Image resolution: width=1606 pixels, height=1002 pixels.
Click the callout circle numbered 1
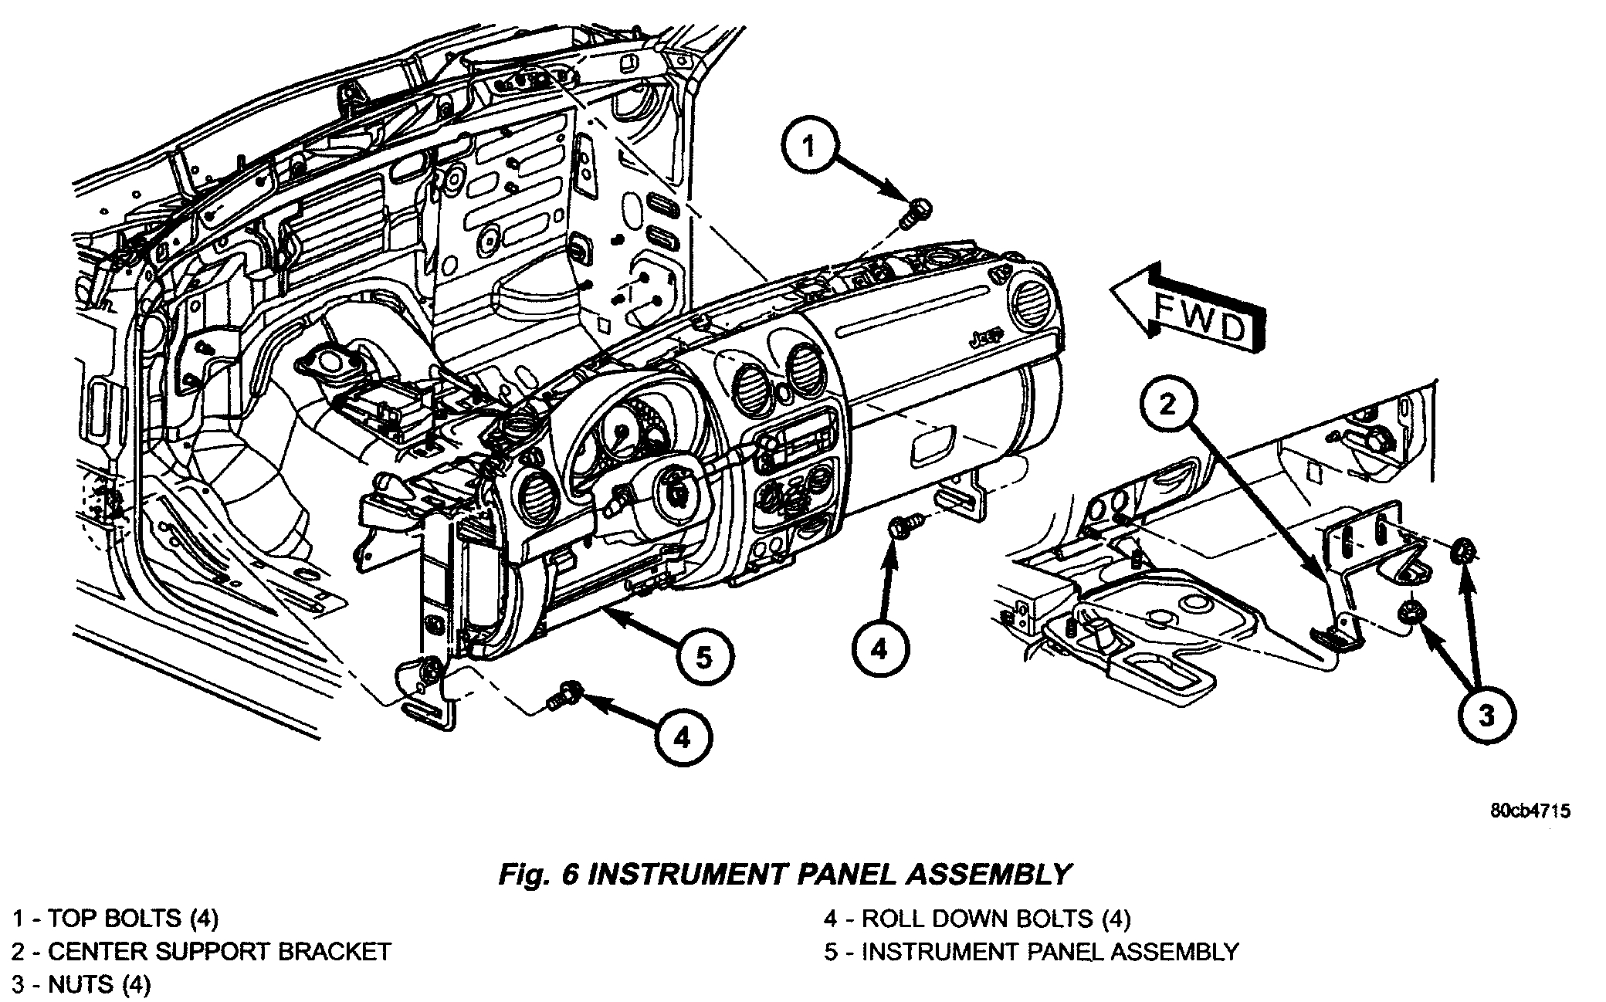click(x=809, y=146)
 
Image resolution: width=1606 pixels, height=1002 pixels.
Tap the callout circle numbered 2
click(x=1167, y=403)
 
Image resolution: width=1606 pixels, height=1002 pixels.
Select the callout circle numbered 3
click(x=1486, y=715)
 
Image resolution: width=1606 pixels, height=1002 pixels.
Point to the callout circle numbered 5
click(x=703, y=658)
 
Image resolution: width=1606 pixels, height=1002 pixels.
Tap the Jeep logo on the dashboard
click(x=984, y=337)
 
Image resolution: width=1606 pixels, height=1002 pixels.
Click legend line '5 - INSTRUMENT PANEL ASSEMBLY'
click(x=1031, y=951)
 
